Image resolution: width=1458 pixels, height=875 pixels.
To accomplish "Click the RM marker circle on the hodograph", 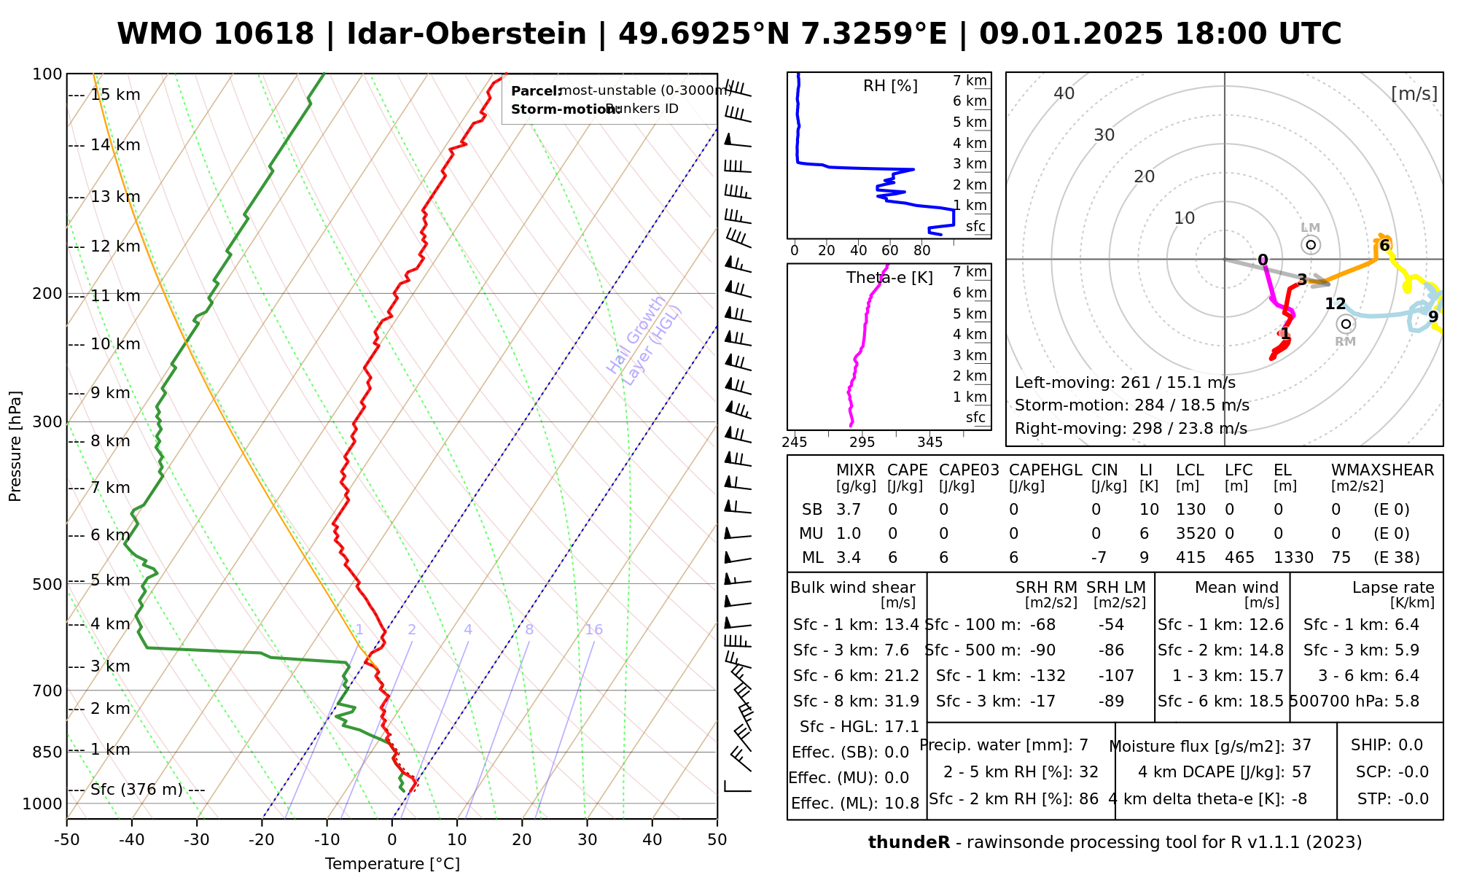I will coord(1346,324).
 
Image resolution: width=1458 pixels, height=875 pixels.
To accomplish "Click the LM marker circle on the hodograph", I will coord(1311,245).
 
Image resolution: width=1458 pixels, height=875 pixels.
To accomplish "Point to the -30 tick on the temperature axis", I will coord(197,840).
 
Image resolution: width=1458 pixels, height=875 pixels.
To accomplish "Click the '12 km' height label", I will coord(115,246).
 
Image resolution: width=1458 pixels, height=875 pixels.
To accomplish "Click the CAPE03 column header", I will coord(969,470).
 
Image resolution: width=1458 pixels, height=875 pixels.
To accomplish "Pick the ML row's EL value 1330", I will coord(1293,558).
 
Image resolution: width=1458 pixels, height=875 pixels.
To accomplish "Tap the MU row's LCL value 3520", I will coord(1196,534).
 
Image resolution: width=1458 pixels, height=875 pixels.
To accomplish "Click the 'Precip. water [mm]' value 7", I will coord(1083,745).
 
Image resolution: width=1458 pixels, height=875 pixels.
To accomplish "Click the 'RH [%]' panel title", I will coord(890,86).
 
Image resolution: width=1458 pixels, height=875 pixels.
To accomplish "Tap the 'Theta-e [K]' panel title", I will coord(889,278).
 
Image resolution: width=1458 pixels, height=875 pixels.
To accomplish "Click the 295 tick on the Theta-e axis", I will coord(862,443).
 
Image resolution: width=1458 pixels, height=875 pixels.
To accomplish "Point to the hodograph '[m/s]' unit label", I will coord(1414,94).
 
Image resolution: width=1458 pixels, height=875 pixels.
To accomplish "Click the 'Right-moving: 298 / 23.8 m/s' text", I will coord(1131,429).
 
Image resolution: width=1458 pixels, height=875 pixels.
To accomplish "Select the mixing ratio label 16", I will coord(593,630).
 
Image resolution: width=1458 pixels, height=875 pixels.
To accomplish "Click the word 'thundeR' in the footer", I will coord(908,843).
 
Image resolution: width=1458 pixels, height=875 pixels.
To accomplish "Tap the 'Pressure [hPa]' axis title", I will coord(15,446).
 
